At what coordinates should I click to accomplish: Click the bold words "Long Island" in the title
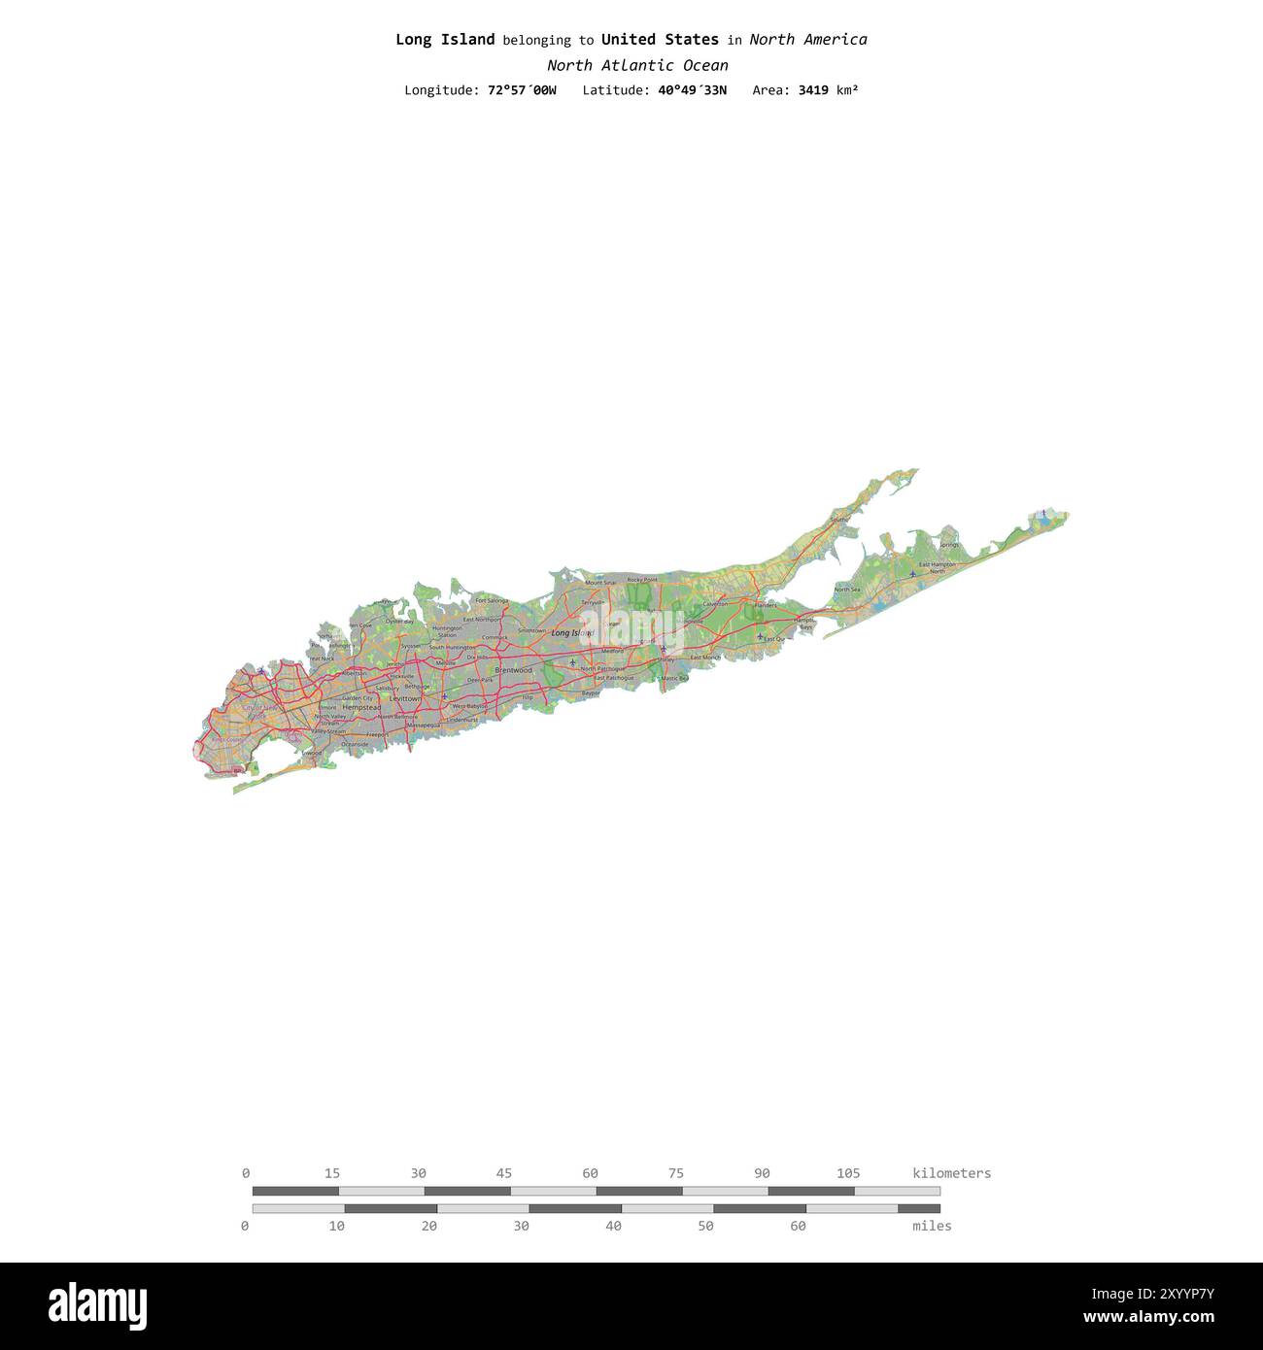[x=445, y=40]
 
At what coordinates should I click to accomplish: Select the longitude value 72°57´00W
[x=522, y=90]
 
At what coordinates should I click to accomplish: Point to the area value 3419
[x=813, y=90]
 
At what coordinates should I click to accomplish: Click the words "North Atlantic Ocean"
[x=637, y=66]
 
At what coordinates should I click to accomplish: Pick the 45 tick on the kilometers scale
[x=504, y=1173]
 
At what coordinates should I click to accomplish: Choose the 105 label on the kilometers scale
[x=848, y=1173]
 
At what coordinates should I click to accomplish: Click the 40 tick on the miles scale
[x=613, y=1226]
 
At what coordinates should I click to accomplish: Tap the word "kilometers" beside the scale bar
[x=951, y=1173]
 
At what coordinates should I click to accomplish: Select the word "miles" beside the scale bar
[x=932, y=1226]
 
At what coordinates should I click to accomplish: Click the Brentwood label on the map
[x=513, y=670]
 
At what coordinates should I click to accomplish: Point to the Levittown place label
[x=405, y=698]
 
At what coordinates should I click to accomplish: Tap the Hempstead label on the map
[x=361, y=708]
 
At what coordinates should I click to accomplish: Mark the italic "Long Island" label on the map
[x=571, y=633]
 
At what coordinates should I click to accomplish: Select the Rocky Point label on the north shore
[x=642, y=580]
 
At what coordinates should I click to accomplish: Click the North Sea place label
[x=847, y=590]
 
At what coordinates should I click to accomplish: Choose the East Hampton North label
[x=937, y=567]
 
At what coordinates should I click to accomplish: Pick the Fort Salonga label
[x=492, y=601]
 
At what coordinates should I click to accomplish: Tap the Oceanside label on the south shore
[x=355, y=744]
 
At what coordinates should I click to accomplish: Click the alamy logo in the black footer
[x=97, y=1305]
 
